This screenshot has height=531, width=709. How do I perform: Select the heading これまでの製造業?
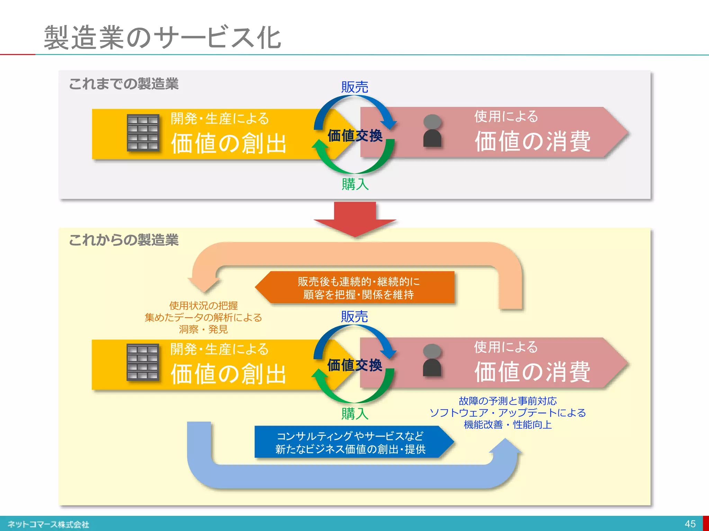tap(124, 84)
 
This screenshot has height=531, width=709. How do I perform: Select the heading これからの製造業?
tap(124, 240)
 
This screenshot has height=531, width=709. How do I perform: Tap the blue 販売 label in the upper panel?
tap(354, 87)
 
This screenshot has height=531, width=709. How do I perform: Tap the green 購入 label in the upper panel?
tap(355, 184)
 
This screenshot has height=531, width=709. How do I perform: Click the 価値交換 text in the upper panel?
tap(355, 135)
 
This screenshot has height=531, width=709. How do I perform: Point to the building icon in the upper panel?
tap(143, 133)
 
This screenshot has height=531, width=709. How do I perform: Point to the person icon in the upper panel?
tap(432, 131)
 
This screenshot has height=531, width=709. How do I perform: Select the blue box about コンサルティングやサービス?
tap(351, 442)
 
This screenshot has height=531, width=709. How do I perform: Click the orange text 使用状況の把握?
tap(203, 306)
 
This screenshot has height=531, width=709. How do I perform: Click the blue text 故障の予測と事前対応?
tap(508, 401)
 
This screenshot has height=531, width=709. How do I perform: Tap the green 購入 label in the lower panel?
tap(354, 413)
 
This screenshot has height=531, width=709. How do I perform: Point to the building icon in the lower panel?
tap(143, 363)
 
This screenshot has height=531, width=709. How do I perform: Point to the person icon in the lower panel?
tap(432, 361)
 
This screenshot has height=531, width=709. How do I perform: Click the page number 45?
tap(690, 524)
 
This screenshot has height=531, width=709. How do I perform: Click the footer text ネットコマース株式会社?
tap(48, 524)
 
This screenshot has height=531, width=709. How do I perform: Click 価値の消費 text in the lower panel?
tap(532, 372)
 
